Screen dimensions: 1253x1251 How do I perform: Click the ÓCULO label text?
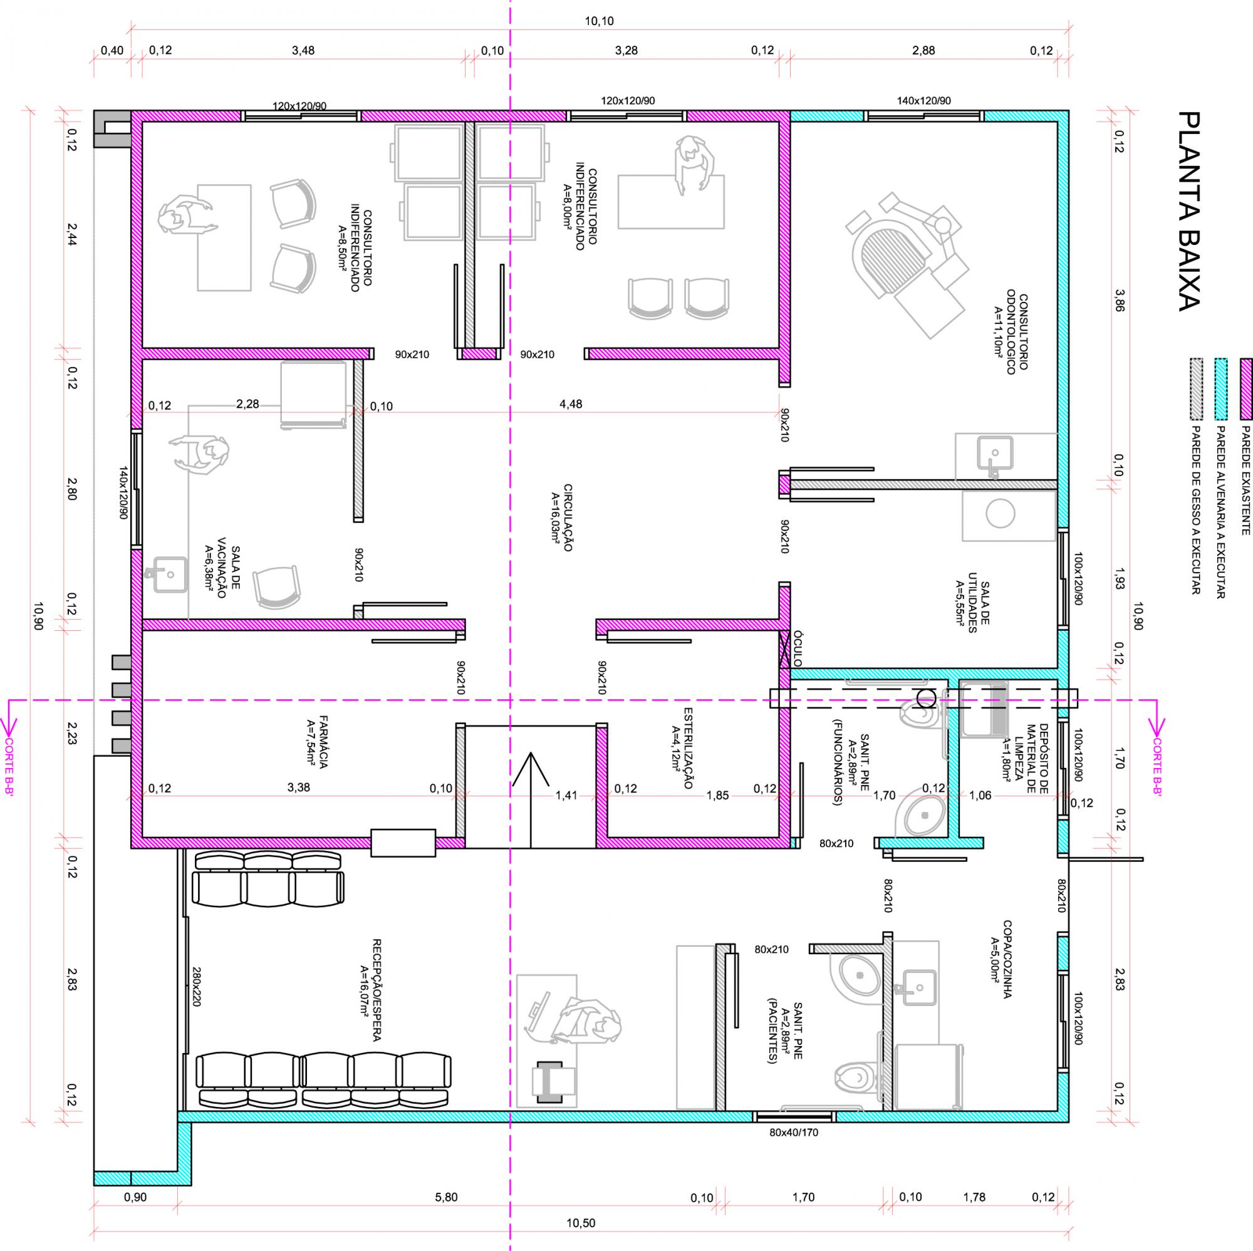798,648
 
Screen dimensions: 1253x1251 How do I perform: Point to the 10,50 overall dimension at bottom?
581,1223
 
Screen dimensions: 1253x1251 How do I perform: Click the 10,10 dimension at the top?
598,21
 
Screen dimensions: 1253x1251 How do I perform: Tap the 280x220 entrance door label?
197,987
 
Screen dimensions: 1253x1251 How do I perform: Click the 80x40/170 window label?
793,1133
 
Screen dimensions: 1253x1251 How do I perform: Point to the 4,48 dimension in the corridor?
571,404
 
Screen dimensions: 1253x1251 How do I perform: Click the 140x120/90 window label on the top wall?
923,100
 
